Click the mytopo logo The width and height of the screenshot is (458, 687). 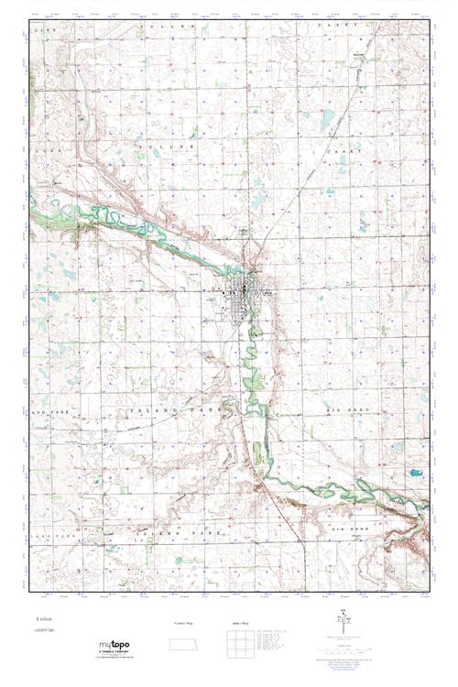114,646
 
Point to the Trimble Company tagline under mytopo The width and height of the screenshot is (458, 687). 115,654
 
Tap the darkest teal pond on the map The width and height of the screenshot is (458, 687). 415,474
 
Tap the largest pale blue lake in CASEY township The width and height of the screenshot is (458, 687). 327,117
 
